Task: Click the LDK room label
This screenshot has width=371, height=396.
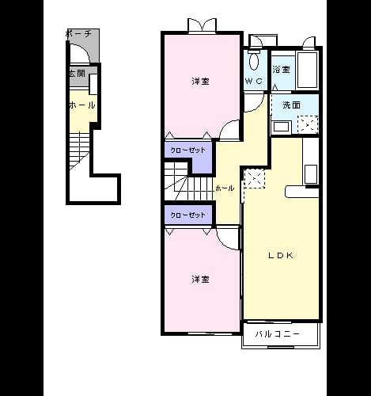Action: pos(281,255)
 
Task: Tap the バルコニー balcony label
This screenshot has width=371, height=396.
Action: pos(277,334)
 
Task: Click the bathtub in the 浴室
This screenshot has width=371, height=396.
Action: pos(307,70)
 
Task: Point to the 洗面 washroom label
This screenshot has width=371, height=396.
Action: pos(291,105)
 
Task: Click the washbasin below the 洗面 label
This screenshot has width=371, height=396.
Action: pos(282,128)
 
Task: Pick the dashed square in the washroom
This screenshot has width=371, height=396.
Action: pos(308,124)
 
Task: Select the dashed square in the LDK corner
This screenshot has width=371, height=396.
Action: pos(255,179)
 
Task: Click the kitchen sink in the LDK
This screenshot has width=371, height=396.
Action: pos(311,174)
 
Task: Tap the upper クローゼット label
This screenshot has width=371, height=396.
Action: pos(187,150)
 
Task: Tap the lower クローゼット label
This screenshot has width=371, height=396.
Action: pos(187,215)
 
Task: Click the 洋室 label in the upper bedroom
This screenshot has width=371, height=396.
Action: pos(200,82)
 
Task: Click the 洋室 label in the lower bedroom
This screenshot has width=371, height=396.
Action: pos(200,280)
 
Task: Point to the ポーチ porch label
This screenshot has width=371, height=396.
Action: pos(78,34)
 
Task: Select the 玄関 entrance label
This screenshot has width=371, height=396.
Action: pos(77,74)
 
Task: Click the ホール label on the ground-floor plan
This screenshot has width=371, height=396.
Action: pos(82,105)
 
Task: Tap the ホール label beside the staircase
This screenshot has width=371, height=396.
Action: pos(225,188)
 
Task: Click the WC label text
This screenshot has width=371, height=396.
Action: pos(254,81)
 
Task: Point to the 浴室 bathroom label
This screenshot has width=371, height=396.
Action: pos(282,70)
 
